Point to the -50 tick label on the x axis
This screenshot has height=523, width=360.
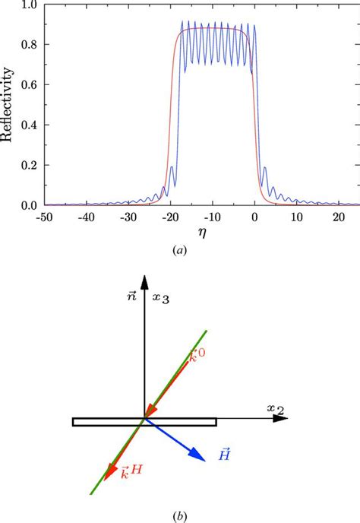pyautogui.click(x=44, y=214)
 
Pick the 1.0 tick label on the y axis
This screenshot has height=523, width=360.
pyautogui.click(x=29, y=5)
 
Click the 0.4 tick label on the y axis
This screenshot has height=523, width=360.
pyautogui.click(x=29, y=125)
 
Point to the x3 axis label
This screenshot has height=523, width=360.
pyautogui.click(x=159, y=322)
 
